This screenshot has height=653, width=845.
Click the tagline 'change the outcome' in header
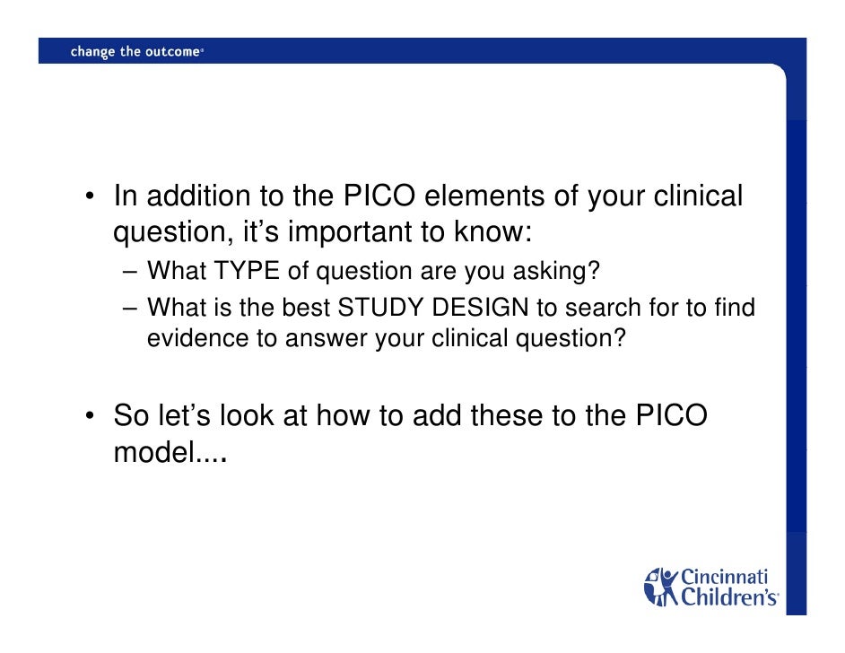(x=135, y=52)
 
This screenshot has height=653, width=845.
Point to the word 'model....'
(x=168, y=455)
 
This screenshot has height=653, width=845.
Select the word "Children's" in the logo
(x=728, y=596)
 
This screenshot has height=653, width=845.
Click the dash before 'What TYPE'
(x=131, y=271)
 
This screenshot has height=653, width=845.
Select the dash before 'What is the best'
(x=131, y=309)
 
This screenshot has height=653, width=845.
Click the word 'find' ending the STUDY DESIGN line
(x=736, y=309)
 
